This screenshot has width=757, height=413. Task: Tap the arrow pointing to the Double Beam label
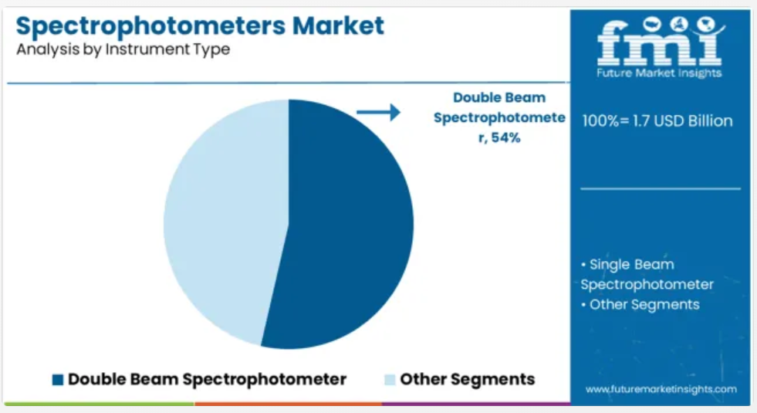378,112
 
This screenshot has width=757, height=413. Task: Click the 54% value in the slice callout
506,137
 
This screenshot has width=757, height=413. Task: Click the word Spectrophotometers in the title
150,27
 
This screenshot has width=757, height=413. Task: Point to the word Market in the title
339,25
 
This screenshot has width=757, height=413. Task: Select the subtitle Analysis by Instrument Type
123,49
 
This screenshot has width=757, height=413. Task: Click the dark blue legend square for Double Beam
58,380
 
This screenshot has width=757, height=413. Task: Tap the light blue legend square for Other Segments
390,380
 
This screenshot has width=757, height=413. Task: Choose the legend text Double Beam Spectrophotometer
207,380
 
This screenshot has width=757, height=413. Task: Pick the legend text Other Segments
468,380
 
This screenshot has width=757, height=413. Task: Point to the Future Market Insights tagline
659,73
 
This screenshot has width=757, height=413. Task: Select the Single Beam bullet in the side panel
647,274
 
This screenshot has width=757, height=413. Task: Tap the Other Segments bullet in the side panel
640,305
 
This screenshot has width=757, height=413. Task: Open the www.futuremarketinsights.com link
661,389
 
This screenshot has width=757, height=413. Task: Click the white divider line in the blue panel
661,189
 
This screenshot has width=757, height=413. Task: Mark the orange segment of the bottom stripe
289,404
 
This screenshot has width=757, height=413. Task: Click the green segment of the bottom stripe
100,404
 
